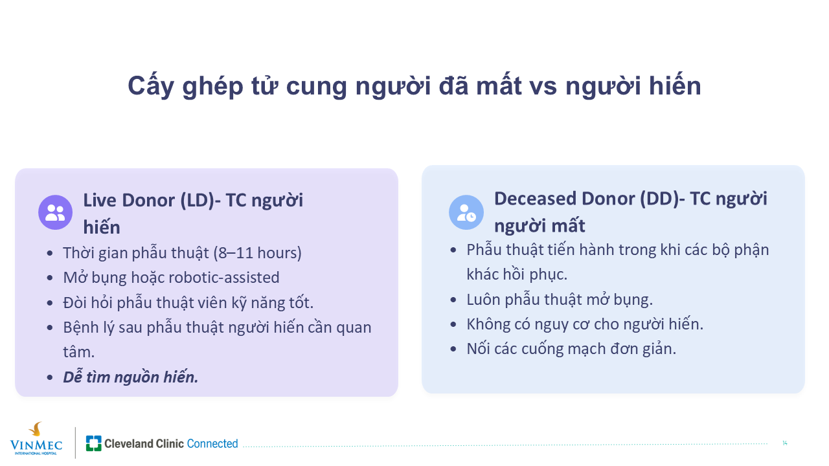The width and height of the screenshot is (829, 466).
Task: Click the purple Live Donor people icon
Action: [x=56, y=212]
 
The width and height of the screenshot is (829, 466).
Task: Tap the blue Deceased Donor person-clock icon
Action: [x=466, y=212]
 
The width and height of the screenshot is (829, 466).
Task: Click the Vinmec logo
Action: [x=36, y=439]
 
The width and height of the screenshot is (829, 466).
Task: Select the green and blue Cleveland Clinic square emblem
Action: [x=94, y=443]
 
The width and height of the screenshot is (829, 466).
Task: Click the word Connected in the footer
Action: [x=212, y=443]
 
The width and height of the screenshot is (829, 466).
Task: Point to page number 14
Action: [x=784, y=443]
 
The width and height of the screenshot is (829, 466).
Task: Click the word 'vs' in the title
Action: [x=543, y=87]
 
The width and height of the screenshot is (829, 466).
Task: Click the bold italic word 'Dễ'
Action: [x=73, y=377]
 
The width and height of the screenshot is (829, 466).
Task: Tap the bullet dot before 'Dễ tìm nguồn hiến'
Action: [x=50, y=377]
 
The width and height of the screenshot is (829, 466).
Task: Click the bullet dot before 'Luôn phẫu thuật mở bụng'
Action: [x=453, y=300]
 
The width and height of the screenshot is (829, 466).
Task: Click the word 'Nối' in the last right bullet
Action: [x=477, y=349]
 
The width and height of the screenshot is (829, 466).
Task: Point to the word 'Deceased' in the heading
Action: [x=535, y=199]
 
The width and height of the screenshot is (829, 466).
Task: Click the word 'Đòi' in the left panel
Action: [x=74, y=302]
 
